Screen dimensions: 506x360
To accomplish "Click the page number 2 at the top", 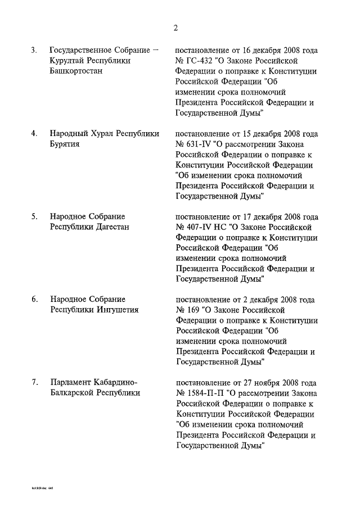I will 176,28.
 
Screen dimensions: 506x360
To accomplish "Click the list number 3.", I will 34,51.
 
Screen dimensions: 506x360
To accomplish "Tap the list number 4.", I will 34,133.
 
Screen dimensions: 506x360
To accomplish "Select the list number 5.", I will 34,216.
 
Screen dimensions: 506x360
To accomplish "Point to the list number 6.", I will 34,299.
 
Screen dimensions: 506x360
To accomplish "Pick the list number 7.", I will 34,382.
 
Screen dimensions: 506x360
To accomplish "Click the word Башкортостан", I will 76,71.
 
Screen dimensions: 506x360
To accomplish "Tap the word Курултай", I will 66,61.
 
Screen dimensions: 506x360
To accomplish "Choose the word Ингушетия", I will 115,310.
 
